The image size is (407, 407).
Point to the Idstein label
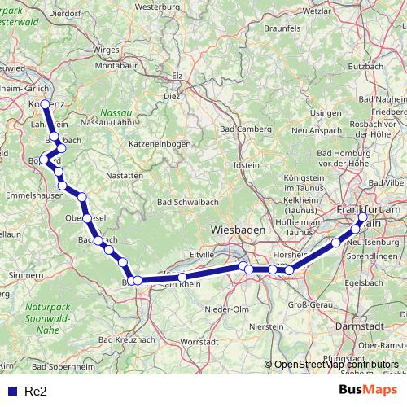point(247,165)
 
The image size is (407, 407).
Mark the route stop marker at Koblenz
point(45,104)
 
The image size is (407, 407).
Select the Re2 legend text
point(36,391)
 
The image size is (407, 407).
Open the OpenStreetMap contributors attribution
point(336,365)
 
